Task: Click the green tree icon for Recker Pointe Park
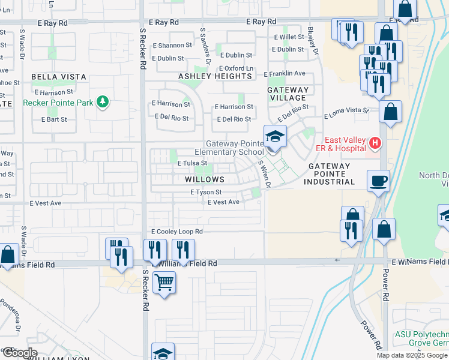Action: (103, 102)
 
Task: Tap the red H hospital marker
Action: (375, 143)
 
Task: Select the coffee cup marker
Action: (378, 181)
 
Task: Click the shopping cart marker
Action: (164, 281)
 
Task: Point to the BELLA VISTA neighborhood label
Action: (59, 77)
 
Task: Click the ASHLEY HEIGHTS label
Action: (215, 76)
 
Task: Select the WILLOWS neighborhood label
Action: (205, 179)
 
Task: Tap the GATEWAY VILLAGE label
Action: (288, 94)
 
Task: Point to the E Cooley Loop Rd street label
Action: (177, 231)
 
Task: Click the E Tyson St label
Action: (206, 192)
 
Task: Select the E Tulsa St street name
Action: (192, 163)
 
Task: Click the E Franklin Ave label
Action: (285, 73)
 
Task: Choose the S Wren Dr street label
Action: (264, 173)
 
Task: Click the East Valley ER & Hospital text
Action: (345, 143)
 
